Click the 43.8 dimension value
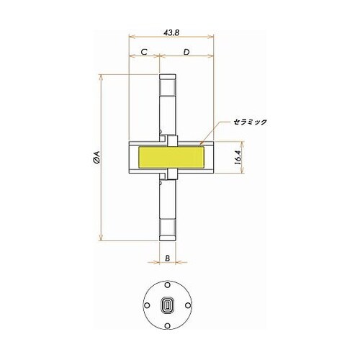click(171, 32)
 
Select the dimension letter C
click(144, 52)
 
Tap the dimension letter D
click(186, 52)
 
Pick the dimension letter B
click(167, 257)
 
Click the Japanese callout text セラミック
click(248, 122)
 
